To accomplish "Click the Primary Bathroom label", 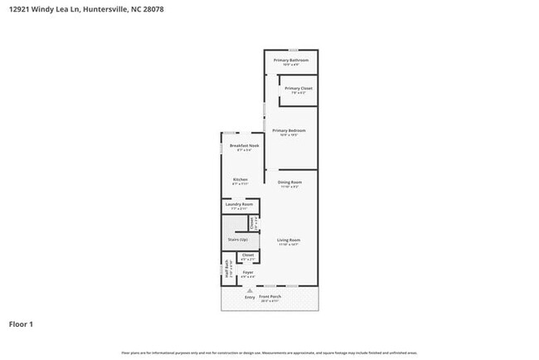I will coord(291,61).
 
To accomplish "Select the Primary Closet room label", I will coord(298,89).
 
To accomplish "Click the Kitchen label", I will coord(240,180).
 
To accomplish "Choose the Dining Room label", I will coord(289,182).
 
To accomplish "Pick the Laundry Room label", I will coord(240,204).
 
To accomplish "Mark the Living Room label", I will coord(288,241).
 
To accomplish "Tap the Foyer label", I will coord(247,272).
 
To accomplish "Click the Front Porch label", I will coord(270,297).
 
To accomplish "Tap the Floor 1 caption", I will coord(21,324).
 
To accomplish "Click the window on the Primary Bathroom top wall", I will coord(291,50).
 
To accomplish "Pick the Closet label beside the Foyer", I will coord(247,255).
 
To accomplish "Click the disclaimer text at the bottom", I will coord(269,352).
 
